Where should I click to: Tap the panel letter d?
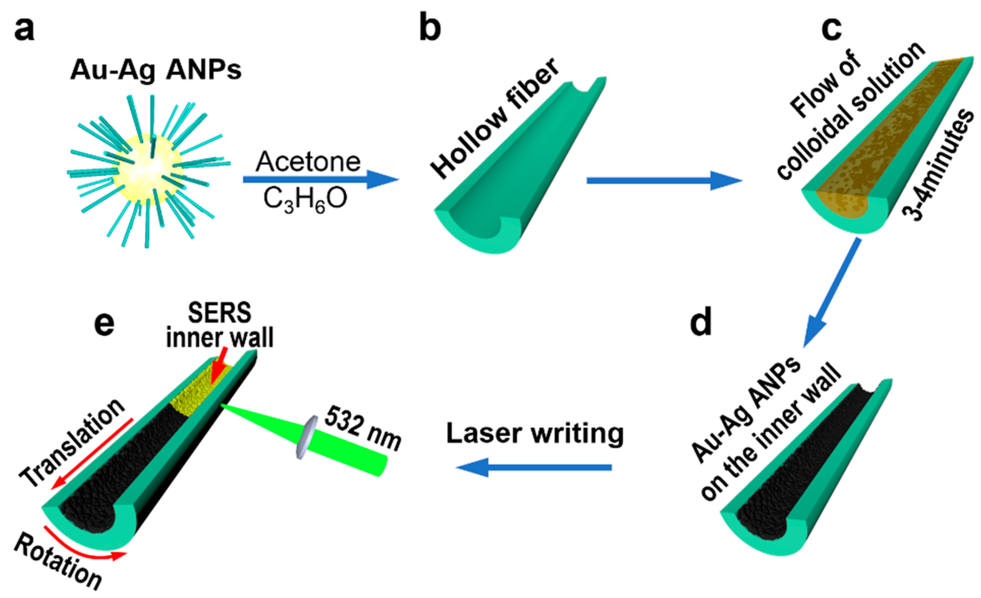701,322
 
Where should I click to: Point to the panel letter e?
104,324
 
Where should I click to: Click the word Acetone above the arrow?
308,162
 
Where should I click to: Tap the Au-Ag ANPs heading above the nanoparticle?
156,71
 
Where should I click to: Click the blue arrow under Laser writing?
534,467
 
